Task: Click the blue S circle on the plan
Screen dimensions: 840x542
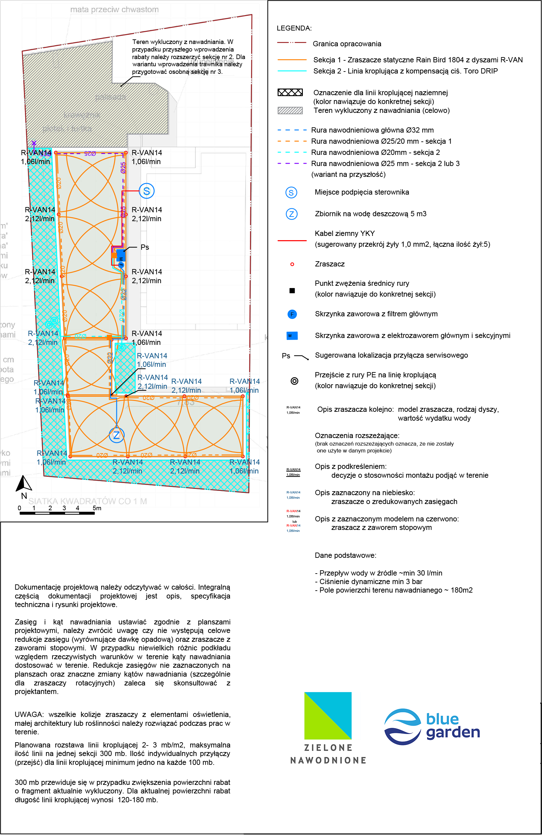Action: (147, 191)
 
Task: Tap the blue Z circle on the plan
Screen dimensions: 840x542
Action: (117, 435)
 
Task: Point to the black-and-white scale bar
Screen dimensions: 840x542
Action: (57, 513)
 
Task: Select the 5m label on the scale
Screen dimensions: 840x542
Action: (97, 508)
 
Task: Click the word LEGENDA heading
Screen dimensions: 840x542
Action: (294, 28)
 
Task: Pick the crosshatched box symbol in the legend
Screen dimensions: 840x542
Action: (290, 93)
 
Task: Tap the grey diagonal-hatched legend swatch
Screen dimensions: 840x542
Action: (290, 110)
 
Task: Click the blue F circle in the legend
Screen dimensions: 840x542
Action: (292, 314)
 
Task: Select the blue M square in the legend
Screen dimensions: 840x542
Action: (292, 336)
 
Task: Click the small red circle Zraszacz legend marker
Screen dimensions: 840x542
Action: (292, 264)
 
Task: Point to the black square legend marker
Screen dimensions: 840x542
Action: (292, 291)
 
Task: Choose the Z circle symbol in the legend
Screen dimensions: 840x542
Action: (291, 214)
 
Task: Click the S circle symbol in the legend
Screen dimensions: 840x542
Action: (291, 192)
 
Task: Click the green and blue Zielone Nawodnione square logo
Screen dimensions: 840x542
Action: (328, 716)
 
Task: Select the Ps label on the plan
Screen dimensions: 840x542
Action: (145, 247)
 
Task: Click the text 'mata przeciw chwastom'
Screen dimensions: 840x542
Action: (114, 10)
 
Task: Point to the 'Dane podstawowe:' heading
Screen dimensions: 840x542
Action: (345, 555)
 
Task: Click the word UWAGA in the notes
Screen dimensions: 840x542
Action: (29, 715)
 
